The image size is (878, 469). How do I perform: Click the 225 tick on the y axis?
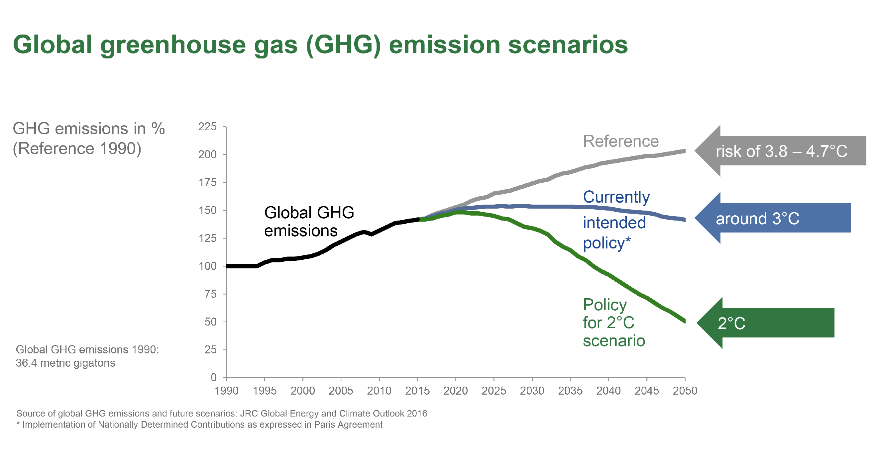point(207,127)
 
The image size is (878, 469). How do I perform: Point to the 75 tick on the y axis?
point(210,294)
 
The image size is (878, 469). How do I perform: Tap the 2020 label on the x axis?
point(455,391)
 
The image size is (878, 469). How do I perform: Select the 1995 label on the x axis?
point(265,391)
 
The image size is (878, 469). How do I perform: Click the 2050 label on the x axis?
point(685,391)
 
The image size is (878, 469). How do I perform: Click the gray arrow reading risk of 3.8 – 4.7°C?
point(781,151)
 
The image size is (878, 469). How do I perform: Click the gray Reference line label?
point(621,141)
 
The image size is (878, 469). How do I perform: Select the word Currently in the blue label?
point(616,197)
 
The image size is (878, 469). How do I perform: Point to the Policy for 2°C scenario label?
point(613,323)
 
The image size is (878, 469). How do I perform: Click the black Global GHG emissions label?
point(308,222)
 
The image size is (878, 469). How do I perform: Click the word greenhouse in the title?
point(173,45)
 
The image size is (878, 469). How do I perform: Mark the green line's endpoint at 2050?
point(684,321)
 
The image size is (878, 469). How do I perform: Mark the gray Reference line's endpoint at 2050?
point(684,151)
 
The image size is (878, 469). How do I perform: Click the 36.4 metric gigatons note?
point(65,363)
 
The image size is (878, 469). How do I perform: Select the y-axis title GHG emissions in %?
point(89,129)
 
